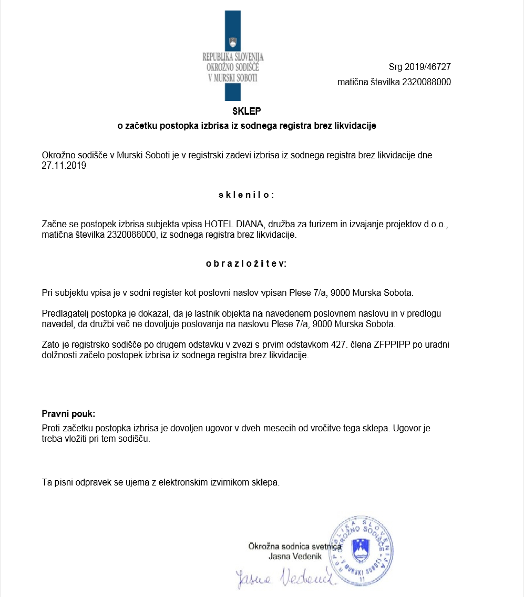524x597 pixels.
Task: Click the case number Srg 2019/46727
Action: (x=419, y=67)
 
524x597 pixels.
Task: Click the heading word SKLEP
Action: (x=246, y=112)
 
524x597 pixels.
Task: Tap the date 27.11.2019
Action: (x=64, y=166)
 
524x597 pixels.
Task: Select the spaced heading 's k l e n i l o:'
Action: (x=246, y=195)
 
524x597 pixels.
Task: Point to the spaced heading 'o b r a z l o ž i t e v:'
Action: (x=246, y=263)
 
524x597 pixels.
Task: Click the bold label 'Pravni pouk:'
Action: (x=68, y=413)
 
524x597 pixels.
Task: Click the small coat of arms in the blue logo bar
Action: (x=233, y=42)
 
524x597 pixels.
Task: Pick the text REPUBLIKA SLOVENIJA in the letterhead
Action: (x=233, y=57)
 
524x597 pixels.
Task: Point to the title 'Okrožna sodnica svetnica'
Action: (x=294, y=547)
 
